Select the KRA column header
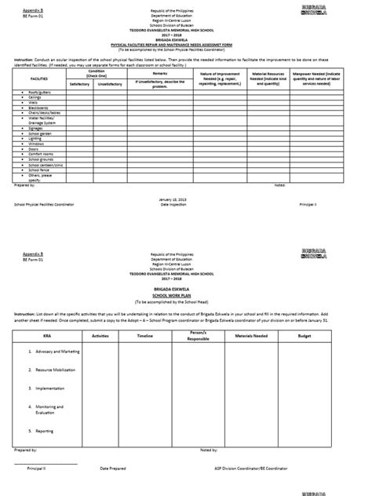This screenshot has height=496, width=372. pos(38,335)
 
